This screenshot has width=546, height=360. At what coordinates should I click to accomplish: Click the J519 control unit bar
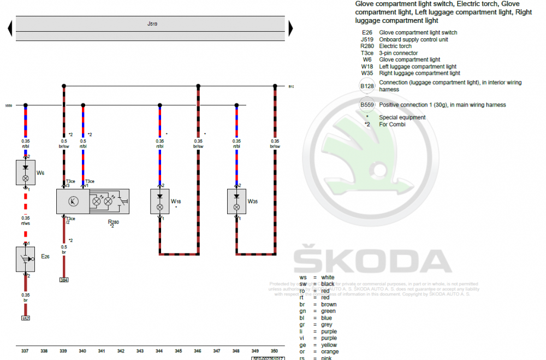tap(150, 28)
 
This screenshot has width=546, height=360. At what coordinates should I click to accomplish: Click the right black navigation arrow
tap(290, 28)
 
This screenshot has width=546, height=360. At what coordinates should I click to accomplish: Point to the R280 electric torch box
tap(93, 201)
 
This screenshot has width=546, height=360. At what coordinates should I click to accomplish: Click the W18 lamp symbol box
tap(159, 202)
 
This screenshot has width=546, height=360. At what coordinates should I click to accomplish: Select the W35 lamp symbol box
tap(236, 202)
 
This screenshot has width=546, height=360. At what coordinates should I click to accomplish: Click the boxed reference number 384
tap(64, 280)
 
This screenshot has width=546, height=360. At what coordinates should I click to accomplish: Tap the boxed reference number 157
tap(26, 317)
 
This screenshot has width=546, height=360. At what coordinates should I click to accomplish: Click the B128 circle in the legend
tap(366, 86)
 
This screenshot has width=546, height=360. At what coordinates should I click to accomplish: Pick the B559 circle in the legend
tap(366, 105)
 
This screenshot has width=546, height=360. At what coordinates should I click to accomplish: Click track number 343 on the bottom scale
tap(140, 351)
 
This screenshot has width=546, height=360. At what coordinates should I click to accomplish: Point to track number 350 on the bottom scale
tap(274, 351)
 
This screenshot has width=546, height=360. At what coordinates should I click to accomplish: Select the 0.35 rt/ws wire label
tap(26, 220)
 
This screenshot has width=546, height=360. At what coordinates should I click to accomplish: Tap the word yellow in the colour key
tap(329, 345)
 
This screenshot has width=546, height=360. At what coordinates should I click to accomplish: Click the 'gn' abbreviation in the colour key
tap(303, 311)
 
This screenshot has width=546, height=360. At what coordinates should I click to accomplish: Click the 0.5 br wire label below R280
tap(64, 250)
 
